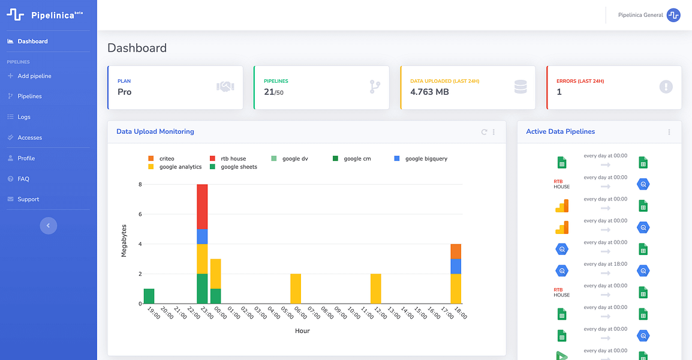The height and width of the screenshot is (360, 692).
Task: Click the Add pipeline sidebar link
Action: pyautogui.click(x=29, y=76)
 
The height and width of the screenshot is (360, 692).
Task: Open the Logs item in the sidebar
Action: pyautogui.click(x=19, y=117)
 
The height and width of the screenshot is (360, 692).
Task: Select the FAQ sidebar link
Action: pyautogui.click(x=19, y=179)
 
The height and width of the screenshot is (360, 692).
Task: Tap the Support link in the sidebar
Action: pyautogui.click(x=23, y=199)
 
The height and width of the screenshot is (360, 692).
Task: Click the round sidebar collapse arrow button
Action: pyautogui.click(x=49, y=226)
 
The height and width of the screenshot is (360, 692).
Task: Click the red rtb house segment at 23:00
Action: pyautogui.click(x=202, y=207)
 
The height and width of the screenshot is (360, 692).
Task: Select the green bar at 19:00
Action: pyautogui.click(x=149, y=296)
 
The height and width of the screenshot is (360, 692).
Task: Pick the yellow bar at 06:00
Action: pyautogui.click(x=296, y=289)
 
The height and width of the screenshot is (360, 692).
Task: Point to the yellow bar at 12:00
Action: pyautogui.click(x=375, y=289)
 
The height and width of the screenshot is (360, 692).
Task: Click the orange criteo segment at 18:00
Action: pyautogui.click(x=456, y=251)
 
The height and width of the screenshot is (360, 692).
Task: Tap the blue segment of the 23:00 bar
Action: pyautogui.click(x=202, y=236)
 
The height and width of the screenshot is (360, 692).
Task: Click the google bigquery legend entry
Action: pyautogui.click(x=420, y=158)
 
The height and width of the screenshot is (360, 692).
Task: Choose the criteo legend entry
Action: pyautogui.click(x=161, y=158)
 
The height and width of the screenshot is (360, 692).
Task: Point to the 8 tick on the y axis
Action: pyautogui.click(x=140, y=184)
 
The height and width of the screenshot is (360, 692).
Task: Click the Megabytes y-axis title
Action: pyautogui.click(x=124, y=241)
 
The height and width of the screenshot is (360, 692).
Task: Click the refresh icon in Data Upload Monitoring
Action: pyautogui.click(x=484, y=132)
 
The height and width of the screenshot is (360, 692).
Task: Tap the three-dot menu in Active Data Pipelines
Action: pyautogui.click(x=669, y=132)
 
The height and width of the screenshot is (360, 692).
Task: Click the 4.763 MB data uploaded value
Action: pyautogui.click(x=429, y=92)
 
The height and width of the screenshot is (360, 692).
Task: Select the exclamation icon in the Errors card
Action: pyautogui.click(x=666, y=86)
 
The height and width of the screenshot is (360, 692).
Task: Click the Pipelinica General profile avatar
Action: pyautogui.click(x=673, y=15)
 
